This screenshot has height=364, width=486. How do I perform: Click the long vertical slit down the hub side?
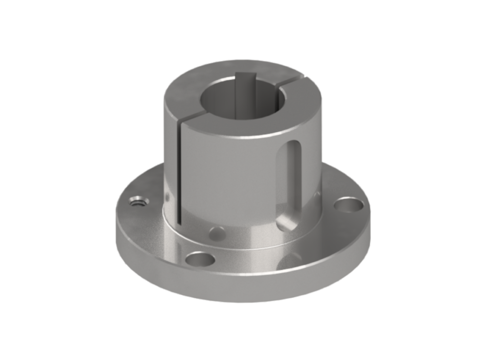179,175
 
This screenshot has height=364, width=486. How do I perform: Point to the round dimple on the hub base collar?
217,232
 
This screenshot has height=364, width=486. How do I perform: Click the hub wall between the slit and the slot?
228,180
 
